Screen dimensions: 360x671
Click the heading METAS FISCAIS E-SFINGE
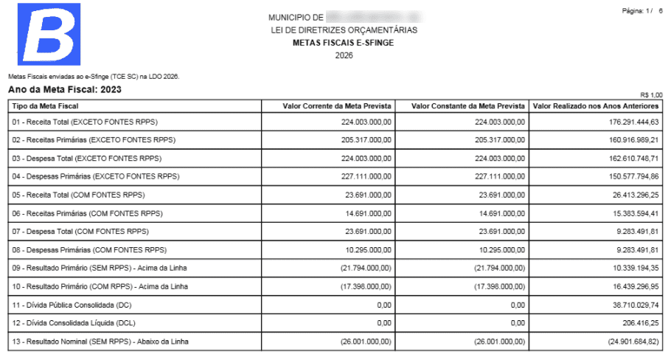click(343, 43)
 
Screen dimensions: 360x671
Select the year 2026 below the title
click(344, 55)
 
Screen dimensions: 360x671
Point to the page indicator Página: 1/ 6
click(642, 11)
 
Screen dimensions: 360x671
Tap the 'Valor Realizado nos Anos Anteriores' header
click(596, 105)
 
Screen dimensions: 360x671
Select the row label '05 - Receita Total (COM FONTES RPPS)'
click(78, 195)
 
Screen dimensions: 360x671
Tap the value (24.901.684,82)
click(631, 341)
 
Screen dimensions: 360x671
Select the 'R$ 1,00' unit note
click(651, 94)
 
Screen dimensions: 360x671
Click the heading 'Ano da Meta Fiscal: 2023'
click(64, 90)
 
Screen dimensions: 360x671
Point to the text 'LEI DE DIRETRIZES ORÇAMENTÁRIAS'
click(344, 30)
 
